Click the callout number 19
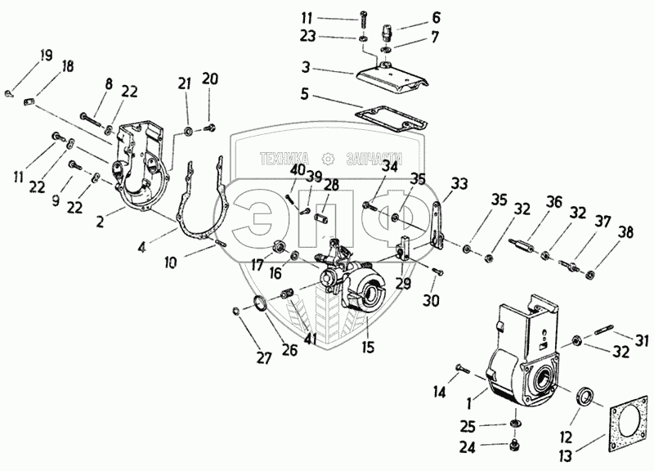pos(47,56)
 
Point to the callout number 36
pos(554,204)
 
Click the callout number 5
pos(305,94)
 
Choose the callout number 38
pos(626,232)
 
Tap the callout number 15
pos(369,347)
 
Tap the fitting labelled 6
pos(386,32)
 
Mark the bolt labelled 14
pos(463,368)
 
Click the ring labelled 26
pos(260,303)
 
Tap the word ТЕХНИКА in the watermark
pos(284,159)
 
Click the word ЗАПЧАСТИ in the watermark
pos(374,159)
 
